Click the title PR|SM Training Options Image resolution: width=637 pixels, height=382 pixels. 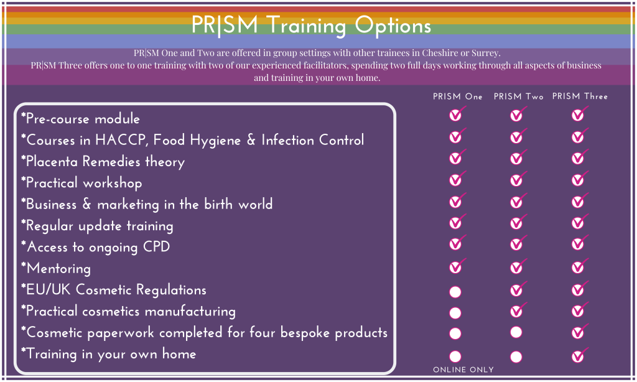(x=311, y=25)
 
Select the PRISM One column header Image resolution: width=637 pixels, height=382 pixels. (x=457, y=96)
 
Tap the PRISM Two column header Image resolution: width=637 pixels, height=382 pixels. (x=518, y=96)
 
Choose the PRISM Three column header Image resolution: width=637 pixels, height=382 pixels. (x=580, y=96)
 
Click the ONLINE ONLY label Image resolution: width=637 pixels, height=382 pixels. (x=463, y=370)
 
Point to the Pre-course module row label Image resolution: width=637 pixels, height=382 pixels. (x=80, y=119)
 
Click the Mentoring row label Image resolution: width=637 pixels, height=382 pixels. (x=56, y=268)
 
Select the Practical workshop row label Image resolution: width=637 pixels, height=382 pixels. (x=81, y=183)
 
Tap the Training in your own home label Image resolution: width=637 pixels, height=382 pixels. (x=108, y=354)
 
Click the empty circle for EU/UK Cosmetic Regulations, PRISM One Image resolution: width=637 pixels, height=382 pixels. (x=455, y=292)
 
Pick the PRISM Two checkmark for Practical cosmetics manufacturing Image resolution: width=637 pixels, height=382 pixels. (x=518, y=310)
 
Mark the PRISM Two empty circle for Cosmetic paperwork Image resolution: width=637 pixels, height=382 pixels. (x=516, y=332)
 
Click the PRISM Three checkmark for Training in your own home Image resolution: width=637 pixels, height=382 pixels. (x=579, y=355)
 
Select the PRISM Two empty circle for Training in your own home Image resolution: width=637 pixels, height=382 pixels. (x=516, y=357)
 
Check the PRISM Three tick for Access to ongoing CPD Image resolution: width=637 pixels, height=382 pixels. (x=579, y=243)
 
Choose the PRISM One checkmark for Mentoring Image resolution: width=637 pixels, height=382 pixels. (x=457, y=266)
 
